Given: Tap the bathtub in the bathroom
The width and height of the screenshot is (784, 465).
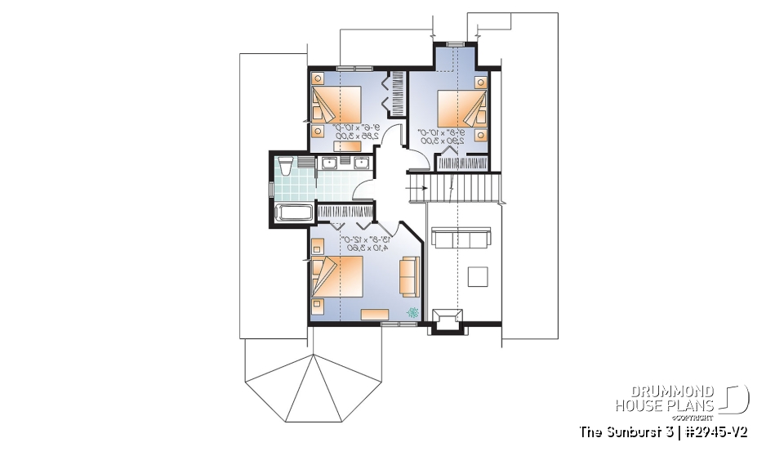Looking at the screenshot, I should click(292, 215).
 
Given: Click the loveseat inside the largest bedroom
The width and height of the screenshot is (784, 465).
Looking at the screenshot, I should click(408, 276).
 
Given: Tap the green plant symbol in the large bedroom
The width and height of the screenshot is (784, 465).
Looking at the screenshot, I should click(413, 311).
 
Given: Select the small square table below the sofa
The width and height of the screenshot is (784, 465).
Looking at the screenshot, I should click(479, 277).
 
